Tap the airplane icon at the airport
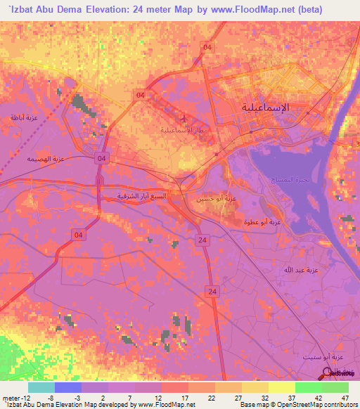(184, 117)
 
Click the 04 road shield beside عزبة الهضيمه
(102, 158)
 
